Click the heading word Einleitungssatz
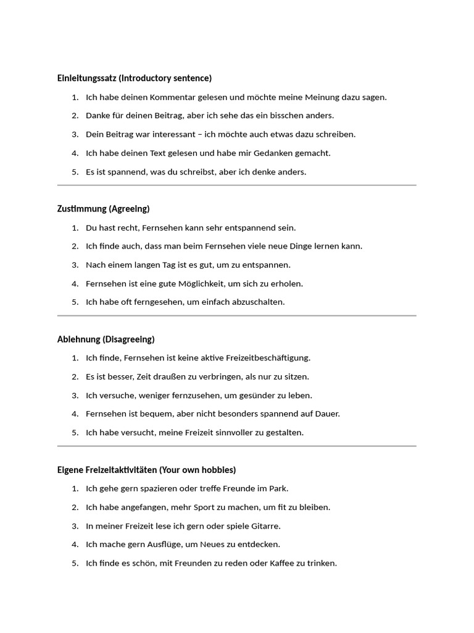point(86,78)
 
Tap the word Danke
point(98,116)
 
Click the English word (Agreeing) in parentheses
point(130,208)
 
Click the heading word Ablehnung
point(80,339)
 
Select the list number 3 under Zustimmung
point(75,265)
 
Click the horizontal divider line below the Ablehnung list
point(236,446)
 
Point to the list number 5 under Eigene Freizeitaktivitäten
point(75,563)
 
